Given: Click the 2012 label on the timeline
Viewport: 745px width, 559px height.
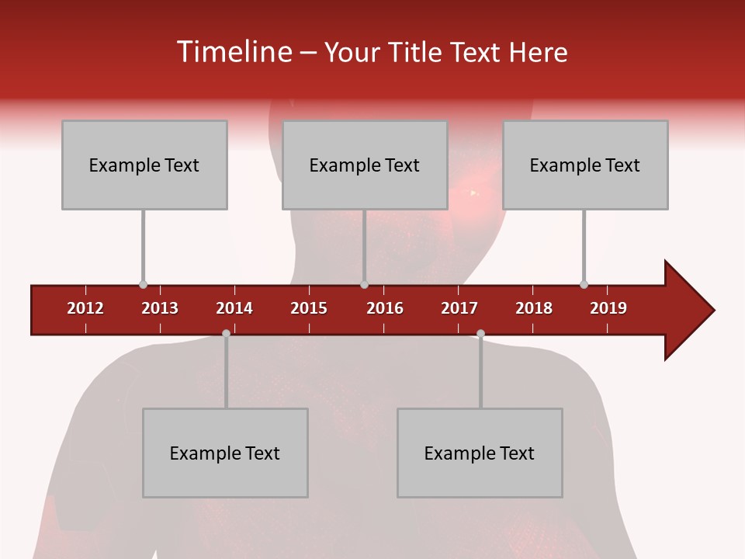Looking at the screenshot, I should pyautogui.click(x=85, y=308).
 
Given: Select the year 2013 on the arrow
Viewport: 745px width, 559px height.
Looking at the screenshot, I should pyautogui.click(x=160, y=308).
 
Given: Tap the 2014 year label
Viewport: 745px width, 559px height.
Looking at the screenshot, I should pyautogui.click(x=234, y=308).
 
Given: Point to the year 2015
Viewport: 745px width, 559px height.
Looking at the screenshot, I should pyautogui.click(x=309, y=308).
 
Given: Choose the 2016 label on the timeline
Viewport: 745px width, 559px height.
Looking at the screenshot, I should pyautogui.click(x=385, y=308).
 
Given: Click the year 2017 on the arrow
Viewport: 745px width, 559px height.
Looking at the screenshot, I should pyautogui.click(x=459, y=308).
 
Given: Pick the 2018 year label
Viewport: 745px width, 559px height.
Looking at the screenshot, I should pyautogui.click(x=534, y=308).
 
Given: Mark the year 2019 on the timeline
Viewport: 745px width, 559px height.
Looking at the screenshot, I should pyautogui.click(x=608, y=308).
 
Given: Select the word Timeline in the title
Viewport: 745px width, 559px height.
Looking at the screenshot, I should pyautogui.click(x=233, y=52).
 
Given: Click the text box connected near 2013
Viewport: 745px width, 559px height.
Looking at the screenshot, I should pyautogui.click(x=144, y=165).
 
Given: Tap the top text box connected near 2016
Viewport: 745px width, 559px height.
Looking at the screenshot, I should pyautogui.click(x=365, y=165).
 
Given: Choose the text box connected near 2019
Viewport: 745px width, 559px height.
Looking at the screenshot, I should pyautogui.click(x=585, y=165).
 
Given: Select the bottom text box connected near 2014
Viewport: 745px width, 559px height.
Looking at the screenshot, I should pyautogui.click(x=225, y=453).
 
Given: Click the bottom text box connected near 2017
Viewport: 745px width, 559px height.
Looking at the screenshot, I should pyautogui.click(x=480, y=453).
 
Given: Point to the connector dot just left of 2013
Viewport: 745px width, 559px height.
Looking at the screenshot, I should pyautogui.click(x=143, y=285).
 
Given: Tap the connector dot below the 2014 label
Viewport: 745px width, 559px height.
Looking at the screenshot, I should pyautogui.click(x=226, y=333).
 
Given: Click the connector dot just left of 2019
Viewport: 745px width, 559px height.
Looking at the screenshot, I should pyautogui.click(x=584, y=285).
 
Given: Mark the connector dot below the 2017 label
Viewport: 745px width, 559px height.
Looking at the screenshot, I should pyautogui.click(x=480, y=333).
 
